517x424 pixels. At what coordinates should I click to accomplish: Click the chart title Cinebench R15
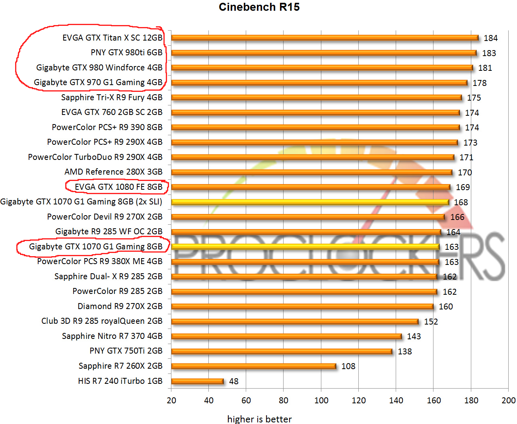[259, 7]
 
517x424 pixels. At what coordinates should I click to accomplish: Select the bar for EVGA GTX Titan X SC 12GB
[325, 38]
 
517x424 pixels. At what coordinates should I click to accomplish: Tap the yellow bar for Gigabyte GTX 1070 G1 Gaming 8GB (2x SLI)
[310, 202]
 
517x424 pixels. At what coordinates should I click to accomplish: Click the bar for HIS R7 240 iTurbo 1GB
[197, 381]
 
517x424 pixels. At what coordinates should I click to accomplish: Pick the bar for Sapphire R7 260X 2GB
[253, 366]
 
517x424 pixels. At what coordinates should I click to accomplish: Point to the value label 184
[490, 38]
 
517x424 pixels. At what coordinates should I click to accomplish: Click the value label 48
[234, 381]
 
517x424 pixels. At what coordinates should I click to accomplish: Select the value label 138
[404, 352]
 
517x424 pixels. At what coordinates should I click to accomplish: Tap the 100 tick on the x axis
[321, 401]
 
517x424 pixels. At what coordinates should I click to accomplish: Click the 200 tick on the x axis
[509, 401]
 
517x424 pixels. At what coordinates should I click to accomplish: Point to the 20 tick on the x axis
[171, 401]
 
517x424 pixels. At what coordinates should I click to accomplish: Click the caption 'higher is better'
[259, 419]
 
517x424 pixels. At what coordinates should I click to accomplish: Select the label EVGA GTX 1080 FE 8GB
[119, 187]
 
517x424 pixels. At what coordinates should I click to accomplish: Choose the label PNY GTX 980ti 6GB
[126, 53]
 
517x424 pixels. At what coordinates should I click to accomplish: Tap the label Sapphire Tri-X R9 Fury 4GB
[112, 97]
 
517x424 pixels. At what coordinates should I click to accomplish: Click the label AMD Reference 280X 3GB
[113, 172]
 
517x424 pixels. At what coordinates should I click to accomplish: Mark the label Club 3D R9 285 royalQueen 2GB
[102, 321]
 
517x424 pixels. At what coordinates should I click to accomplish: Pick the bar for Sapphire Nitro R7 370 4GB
[286, 336]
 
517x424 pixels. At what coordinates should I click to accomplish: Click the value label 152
[431, 322]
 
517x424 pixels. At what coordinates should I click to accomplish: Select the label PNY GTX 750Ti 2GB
[126, 351]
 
